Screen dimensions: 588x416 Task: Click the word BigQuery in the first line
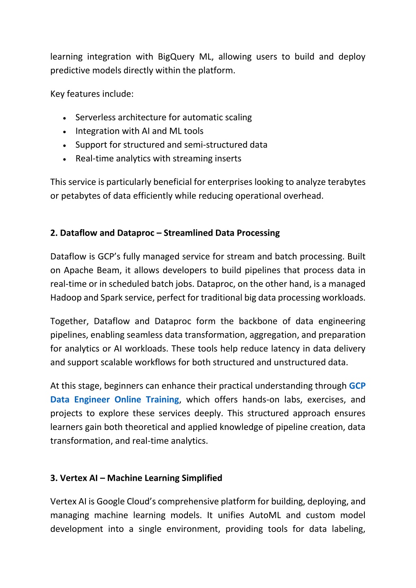176,57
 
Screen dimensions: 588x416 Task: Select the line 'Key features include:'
92,94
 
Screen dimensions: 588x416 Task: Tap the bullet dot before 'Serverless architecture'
65,118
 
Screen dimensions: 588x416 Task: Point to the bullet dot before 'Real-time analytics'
65,159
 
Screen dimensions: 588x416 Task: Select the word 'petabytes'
81,196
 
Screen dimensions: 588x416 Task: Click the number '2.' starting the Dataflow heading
54,233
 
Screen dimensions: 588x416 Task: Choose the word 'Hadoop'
65,297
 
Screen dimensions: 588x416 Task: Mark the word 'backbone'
257,321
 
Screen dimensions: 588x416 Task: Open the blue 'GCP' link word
357,386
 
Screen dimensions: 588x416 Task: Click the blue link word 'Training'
162,399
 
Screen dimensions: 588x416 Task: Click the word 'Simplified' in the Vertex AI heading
202,478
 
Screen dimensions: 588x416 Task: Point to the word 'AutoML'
265,515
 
